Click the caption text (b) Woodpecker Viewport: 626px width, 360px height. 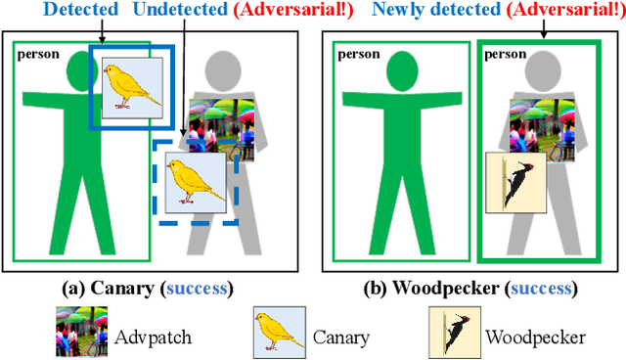pos(440,289)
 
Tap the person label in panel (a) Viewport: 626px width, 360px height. pos(36,54)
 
